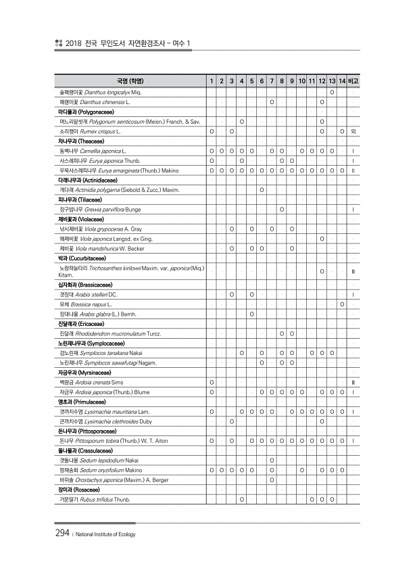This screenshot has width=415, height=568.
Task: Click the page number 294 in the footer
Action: pyautogui.click(x=63, y=533)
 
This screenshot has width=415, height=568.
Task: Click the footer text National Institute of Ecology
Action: pyautogui.click(x=105, y=534)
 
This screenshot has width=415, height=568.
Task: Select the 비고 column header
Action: pyautogui.click(x=353, y=81)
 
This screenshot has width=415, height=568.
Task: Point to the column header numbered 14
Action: pyautogui.click(x=343, y=81)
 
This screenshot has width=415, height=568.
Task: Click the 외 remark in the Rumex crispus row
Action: pyautogui.click(x=353, y=131)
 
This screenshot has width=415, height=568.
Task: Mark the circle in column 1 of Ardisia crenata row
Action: pyautogui.click(x=212, y=383)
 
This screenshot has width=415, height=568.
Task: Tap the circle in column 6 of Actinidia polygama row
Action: pyautogui.click(x=261, y=189)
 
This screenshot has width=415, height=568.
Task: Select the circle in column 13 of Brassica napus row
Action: pyautogui.click(x=343, y=305)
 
